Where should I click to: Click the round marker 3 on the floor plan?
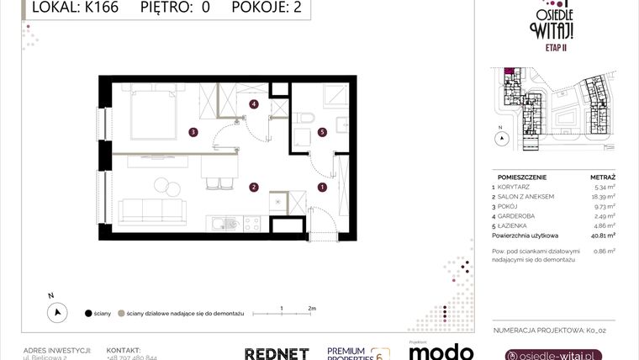(x=193, y=131)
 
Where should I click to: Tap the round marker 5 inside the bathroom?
(x=322, y=132)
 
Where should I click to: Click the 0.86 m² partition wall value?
(x=605, y=250)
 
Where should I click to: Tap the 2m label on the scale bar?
(x=311, y=309)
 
